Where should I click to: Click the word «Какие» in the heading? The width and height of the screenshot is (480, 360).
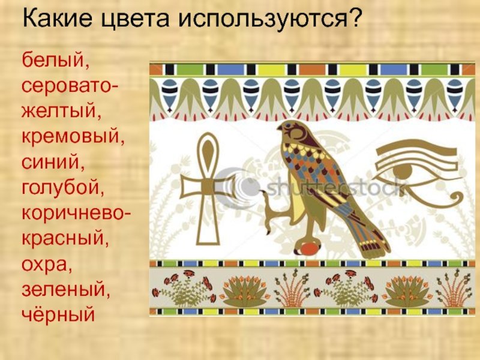click(x=57, y=17)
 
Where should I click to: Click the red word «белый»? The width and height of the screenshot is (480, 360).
click(x=55, y=61)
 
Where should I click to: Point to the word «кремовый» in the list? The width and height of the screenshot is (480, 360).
click(x=73, y=137)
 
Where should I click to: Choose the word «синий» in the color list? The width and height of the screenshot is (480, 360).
click(x=53, y=162)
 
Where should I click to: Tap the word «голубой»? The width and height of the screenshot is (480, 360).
click(x=63, y=187)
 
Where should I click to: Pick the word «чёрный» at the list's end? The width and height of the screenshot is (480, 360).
click(x=58, y=314)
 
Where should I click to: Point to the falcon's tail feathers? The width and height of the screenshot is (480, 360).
click(x=372, y=242)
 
